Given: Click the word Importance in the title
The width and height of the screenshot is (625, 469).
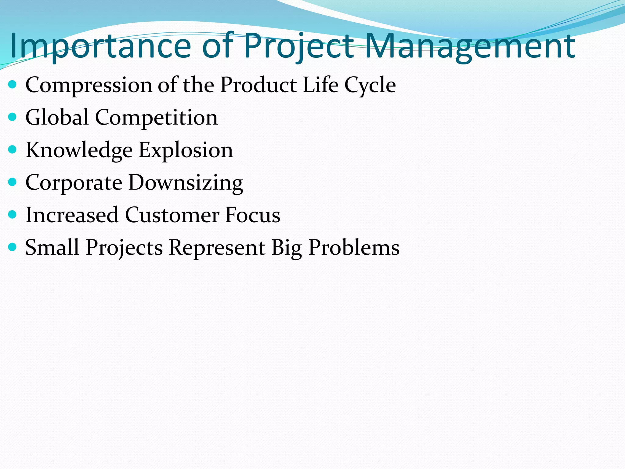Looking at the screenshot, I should pos(101,46).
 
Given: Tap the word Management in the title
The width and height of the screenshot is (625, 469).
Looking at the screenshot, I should pos(470,46).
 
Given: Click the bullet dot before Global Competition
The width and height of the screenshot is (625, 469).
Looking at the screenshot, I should pos(12,117).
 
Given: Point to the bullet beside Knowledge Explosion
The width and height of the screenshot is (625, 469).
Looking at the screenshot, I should pos(12,150).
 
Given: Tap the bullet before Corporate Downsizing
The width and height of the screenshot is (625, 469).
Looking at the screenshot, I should pos(12,182).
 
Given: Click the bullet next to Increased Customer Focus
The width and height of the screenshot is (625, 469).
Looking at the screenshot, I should pos(12,215).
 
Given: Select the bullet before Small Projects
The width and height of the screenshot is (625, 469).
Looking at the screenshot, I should pos(12,247).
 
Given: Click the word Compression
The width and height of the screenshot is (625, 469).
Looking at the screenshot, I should pos(89,85).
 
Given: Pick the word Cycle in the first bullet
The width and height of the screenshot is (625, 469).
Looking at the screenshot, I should pos(370,85).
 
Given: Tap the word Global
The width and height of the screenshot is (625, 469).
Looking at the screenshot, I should pos(57,118).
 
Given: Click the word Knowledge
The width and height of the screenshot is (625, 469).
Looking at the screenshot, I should pos(79,151).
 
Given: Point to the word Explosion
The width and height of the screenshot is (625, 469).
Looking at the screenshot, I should pos(186,151).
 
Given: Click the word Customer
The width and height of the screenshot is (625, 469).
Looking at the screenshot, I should pos(172,215).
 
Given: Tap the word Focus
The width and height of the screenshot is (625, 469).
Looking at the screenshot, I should pos(253,215).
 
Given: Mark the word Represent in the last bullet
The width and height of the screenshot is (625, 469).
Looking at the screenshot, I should pos(217,248).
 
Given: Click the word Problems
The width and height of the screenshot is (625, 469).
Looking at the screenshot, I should pos(354,248).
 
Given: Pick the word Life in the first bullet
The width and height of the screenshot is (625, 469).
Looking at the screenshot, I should pos(320,85).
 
